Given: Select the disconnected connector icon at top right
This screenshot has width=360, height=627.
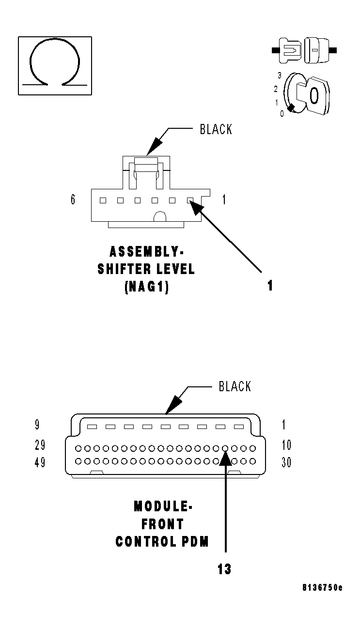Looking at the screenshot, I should pyautogui.click(x=304, y=50).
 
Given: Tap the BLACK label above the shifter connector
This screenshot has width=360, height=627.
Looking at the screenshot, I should pyautogui.click(x=216, y=129).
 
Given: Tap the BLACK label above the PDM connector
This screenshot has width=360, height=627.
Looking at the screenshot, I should pyautogui.click(x=235, y=386).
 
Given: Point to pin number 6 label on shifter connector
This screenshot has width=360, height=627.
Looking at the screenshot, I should pyautogui.click(x=73, y=199).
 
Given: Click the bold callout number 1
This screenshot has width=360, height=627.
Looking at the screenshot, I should pyautogui.click(x=270, y=286).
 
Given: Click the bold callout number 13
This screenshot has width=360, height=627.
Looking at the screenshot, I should pyautogui.click(x=224, y=569).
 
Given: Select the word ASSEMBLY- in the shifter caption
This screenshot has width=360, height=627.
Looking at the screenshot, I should pyautogui.click(x=147, y=252).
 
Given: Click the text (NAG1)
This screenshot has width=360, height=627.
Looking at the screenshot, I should pyautogui.click(x=146, y=287).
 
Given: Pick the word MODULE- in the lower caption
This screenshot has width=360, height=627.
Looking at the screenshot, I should pyautogui.click(x=163, y=506).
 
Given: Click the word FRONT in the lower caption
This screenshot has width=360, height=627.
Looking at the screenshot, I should pyautogui.click(x=163, y=524).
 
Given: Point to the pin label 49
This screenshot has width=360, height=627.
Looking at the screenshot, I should pyautogui.click(x=40, y=462).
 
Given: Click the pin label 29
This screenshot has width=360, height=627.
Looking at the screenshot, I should pyautogui.click(x=40, y=445).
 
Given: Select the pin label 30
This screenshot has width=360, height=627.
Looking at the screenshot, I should pyautogui.click(x=286, y=462).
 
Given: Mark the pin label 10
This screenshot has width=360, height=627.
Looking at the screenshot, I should pyautogui.click(x=286, y=445).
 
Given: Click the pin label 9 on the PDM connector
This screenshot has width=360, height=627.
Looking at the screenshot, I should pyautogui.click(x=37, y=425).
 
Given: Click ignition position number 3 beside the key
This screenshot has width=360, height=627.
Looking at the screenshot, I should pyautogui.click(x=280, y=75).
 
